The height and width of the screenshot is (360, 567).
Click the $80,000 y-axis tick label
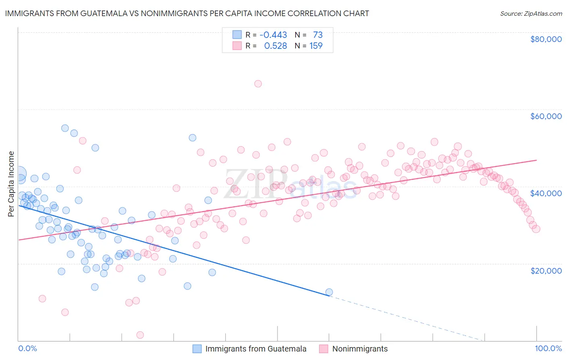tap(546, 39)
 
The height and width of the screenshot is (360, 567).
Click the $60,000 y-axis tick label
tap(546, 116)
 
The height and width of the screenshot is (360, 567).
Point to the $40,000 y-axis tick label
tap(546, 193)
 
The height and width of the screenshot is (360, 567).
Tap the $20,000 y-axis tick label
tap(546, 270)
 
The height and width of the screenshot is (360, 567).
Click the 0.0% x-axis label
tap(28, 348)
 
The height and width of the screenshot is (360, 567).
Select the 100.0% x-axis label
tap(548, 348)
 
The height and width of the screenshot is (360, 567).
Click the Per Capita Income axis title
tap(11, 184)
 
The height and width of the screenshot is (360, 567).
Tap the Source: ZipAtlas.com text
tap(531, 13)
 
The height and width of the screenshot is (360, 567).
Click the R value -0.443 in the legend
tap(273, 35)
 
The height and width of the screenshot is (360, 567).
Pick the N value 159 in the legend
tap(316, 46)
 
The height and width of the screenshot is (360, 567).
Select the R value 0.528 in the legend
tap(275, 46)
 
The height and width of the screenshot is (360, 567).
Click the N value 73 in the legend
tap(318, 35)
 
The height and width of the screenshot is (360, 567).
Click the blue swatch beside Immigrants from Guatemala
tap(197, 349)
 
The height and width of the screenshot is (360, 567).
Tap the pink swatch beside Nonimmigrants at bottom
tap(323, 349)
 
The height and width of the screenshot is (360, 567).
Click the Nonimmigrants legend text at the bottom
tap(360, 349)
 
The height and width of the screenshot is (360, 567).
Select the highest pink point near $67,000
tap(258, 84)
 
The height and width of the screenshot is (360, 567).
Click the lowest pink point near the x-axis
tap(140, 335)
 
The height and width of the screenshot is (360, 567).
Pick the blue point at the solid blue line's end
tap(329, 292)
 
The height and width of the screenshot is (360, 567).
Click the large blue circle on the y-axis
tap(19, 174)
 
